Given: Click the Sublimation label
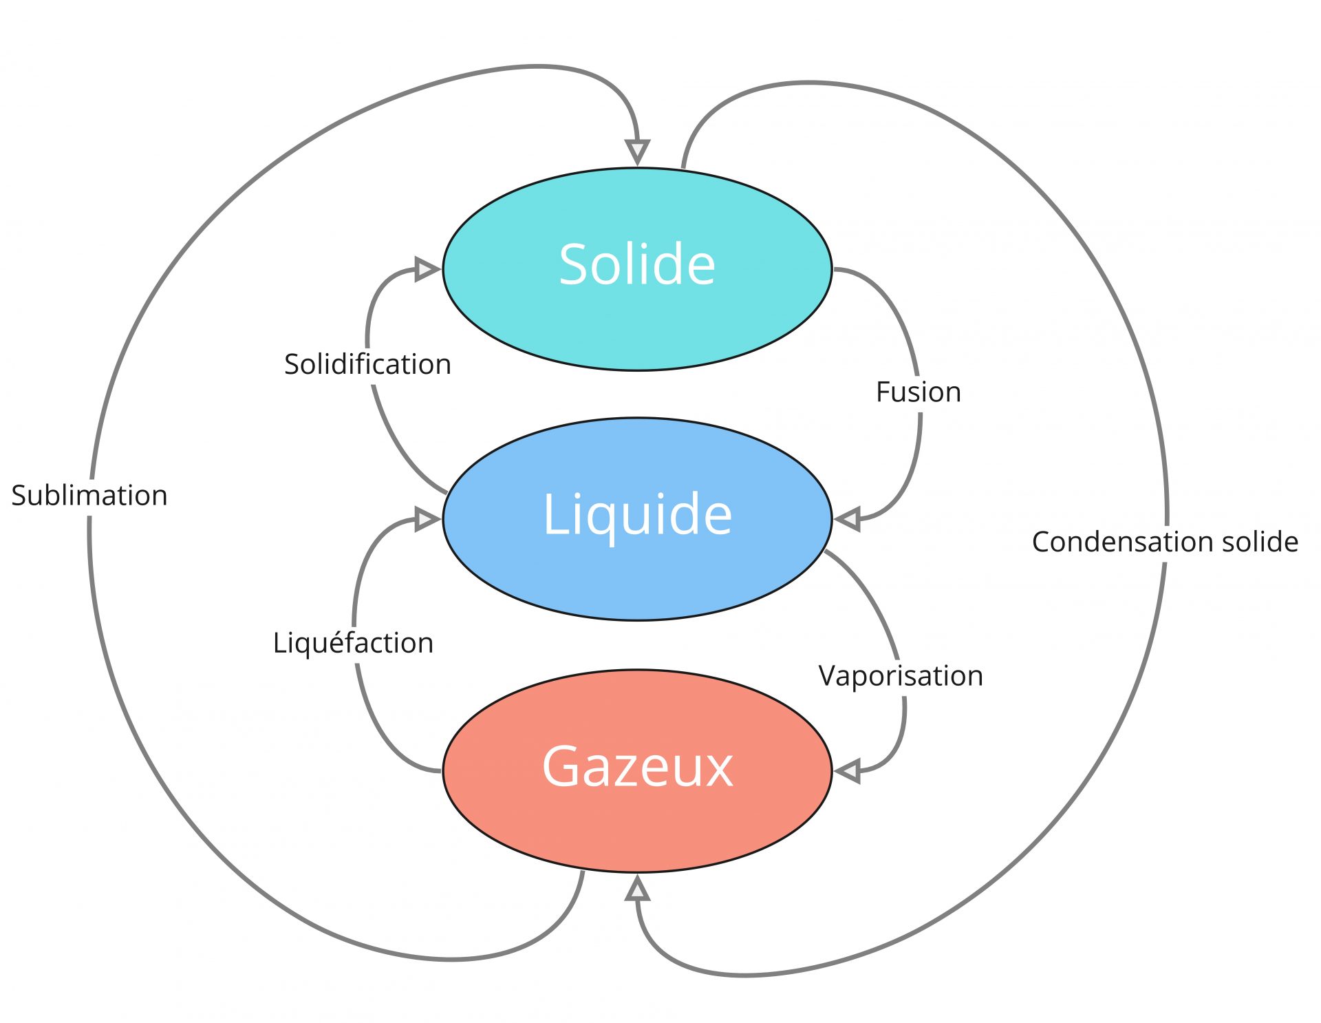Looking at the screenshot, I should point(89,496).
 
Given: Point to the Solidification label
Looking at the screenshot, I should point(367,364).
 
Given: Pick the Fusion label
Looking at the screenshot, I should point(918,392).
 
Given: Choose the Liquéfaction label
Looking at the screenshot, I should point(353,643).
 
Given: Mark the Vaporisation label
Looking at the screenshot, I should point(901,676).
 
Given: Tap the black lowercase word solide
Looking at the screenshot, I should point(1260,542).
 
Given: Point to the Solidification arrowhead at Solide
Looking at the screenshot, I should point(427,268).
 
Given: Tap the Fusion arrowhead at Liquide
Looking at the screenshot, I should point(848,518).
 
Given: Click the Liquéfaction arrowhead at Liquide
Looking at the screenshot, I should point(427,518).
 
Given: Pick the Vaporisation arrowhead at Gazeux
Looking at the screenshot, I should point(848,771).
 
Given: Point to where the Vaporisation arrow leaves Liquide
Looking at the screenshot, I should point(827,552).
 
